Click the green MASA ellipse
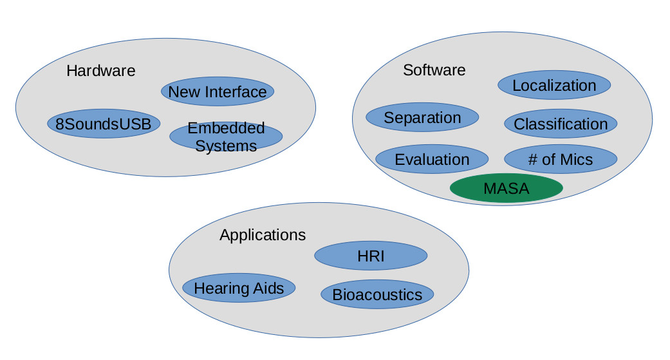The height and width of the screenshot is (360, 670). pos(506,189)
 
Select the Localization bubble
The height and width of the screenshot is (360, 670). pos(554,85)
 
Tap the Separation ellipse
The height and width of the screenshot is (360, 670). pos(422,118)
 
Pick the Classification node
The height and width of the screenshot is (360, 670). pos(561,124)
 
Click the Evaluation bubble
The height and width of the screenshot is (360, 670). pos(432,159)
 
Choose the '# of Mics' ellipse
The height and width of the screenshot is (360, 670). pos(561,159)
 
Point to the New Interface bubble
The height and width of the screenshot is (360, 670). pos(218,91)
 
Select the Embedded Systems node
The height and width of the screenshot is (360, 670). pos(226,137)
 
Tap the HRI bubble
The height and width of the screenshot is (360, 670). pos(371,256)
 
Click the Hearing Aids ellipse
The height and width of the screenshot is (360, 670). pos(239,288)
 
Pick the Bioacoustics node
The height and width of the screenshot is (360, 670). pos(377,294)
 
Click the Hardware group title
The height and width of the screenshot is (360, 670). pos(101,70)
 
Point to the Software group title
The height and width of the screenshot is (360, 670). pos(434,70)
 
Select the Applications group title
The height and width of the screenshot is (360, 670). pos(263,235)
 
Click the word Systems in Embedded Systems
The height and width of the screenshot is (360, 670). pos(226,146)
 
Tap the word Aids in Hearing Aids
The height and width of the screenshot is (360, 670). pos(268,288)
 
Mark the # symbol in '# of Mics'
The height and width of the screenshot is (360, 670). pos(532,159)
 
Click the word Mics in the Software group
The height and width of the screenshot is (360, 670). pos(576,159)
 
